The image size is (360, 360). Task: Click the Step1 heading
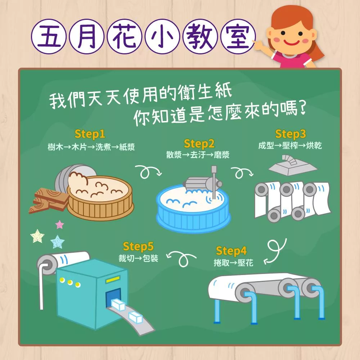click(x=90, y=134)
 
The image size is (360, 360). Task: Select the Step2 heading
click(x=199, y=144)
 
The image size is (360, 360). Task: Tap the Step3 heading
click(x=291, y=134)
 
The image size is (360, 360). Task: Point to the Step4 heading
click(x=231, y=251)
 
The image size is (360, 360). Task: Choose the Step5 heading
click(x=138, y=247)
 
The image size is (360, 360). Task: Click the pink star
click(x=59, y=225)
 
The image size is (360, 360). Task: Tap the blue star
click(x=57, y=242)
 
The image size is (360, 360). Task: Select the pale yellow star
click(x=37, y=236)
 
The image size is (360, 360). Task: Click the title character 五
click(x=49, y=36)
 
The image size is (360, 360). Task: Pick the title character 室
click(x=238, y=36)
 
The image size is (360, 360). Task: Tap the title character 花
click(x=125, y=36)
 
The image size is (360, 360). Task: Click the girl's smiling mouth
click(x=292, y=42)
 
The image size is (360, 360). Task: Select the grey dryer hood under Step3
click(x=293, y=165)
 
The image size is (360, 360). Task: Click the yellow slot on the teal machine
click(x=113, y=279)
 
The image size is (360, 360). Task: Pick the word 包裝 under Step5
click(x=150, y=258)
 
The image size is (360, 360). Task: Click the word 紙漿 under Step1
click(x=127, y=147)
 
